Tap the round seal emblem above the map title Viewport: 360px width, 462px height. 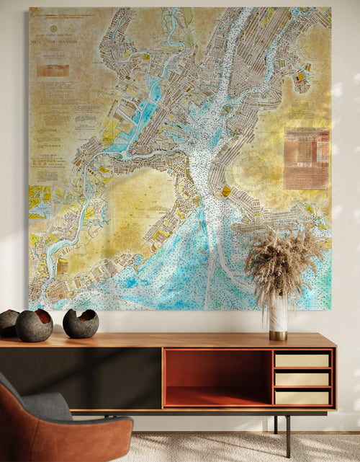click(x=53, y=28)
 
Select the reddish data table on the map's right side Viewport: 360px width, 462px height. click(x=306, y=158)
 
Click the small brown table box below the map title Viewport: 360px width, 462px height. click(x=53, y=71)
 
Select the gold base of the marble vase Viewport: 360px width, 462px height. click(x=278, y=335)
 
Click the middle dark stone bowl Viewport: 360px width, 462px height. click(x=34, y=325)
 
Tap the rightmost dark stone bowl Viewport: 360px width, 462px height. click(x=81, y=324)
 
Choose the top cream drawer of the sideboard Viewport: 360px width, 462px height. click(x=302, y=360)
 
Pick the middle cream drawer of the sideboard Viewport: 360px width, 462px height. click(x=302, y=378)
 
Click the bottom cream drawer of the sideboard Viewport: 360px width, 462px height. click(x=302, y=396)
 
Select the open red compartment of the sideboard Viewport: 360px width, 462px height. click(x=217, y=377)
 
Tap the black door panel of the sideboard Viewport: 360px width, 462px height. click(x=108, y=378)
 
